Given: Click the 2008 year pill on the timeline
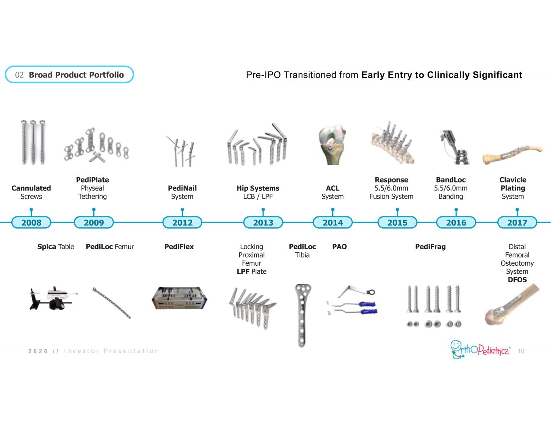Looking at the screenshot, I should pos(31,222).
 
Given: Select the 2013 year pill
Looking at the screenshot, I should pos(263,222).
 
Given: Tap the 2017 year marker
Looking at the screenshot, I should pos(517,222).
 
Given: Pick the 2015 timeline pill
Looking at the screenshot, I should pos(397,222).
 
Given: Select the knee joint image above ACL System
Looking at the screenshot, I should pos(332,145).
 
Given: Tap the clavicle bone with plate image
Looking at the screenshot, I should pos(513,155).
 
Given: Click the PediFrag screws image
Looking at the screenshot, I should pos(434,305).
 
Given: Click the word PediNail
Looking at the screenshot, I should pos(182,188).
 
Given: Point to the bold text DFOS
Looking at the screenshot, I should pos(517,280).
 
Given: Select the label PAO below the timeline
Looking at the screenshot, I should pos(339,247).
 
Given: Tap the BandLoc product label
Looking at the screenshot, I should pos(450,180).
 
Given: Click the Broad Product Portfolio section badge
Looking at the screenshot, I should pos(69,75).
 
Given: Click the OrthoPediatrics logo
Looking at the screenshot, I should pos(480,349).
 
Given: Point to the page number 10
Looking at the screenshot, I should pos(521,351).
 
